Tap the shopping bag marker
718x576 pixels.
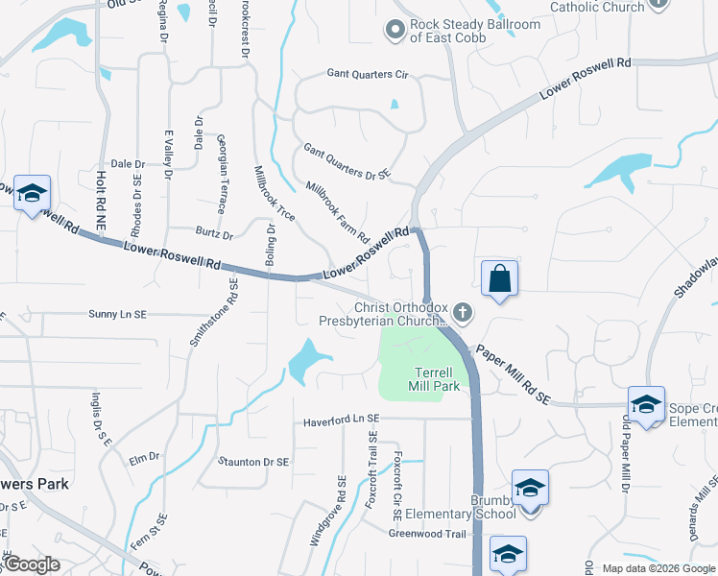coord(499,279)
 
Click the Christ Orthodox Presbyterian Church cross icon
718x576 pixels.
coord(463,312)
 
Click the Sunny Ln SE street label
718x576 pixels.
coord(117,314)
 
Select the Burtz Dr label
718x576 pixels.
coord(213,234)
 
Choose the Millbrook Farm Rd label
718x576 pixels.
coord(337,210)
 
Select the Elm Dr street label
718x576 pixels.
coord(144,459)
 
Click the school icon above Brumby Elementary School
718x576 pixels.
coord(530,488)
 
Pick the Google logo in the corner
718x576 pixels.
coord(31,564)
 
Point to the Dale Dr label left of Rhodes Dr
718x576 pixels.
coord(128,164)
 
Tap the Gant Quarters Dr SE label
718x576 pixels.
coord(347,161)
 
